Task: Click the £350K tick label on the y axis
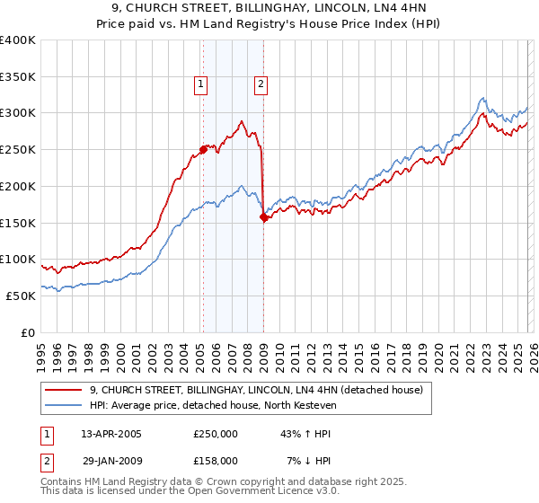click(19, 77)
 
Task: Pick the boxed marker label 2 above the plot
click(261, 85)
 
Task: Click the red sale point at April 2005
click(203, 150)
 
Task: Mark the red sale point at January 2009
click(263, 216)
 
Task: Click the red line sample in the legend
click(65, 390)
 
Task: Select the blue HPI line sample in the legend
click(65, 405)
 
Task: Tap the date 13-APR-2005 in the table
click(111, 434)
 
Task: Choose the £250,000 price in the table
click(216, 434)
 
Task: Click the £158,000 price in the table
click(216, 461)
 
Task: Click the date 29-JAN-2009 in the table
click(111, 461)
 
